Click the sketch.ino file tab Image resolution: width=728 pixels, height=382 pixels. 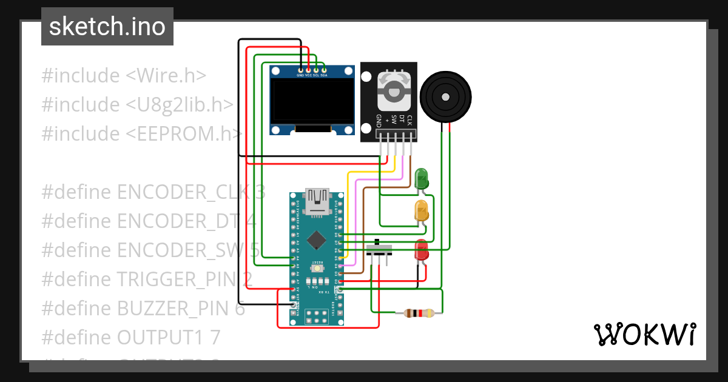[107, 27]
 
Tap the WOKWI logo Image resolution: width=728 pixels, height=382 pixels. [644, 335]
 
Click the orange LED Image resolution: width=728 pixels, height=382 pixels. [422, 210]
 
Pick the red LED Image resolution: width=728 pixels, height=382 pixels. [420, 250]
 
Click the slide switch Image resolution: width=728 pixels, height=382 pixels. [380, 250]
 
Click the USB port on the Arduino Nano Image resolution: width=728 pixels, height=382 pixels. [317, 201]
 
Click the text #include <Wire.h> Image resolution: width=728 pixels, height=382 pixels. [124, 76]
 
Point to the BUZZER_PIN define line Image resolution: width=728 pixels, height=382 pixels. [143, 309]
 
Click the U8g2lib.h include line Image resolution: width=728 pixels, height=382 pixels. [137, 104]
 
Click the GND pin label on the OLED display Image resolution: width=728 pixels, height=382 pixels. [300, 75]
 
